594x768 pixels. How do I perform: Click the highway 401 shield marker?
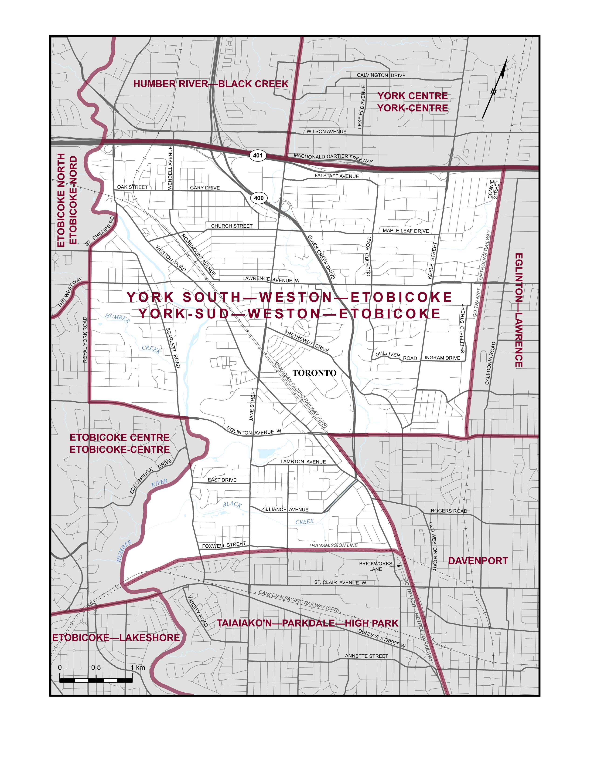pyautogui.click(x=258, y=155)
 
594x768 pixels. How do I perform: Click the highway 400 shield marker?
pyautogui.click(x=259, y=198)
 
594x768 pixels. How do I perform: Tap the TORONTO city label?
pyautogui.click(x=314, y=373)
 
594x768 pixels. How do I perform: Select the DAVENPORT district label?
pyautogui.click(x=478, y=561)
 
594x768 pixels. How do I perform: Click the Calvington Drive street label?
pyautogui.click(x=381, y=75)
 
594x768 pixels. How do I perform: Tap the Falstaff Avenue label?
pyautogui.click(x=337, y=176)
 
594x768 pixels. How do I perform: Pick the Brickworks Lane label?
pyautogui.click(x=376, y=566)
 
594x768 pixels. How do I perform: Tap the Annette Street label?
pyautogui.click(x=366, y=656)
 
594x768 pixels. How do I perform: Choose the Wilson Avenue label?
pyautogui.click(x=326, y=131)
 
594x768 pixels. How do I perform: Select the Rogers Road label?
pyautogui.click(x=449, y=511)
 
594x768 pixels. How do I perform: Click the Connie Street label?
pyautogui.click(x=493, y=190)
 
